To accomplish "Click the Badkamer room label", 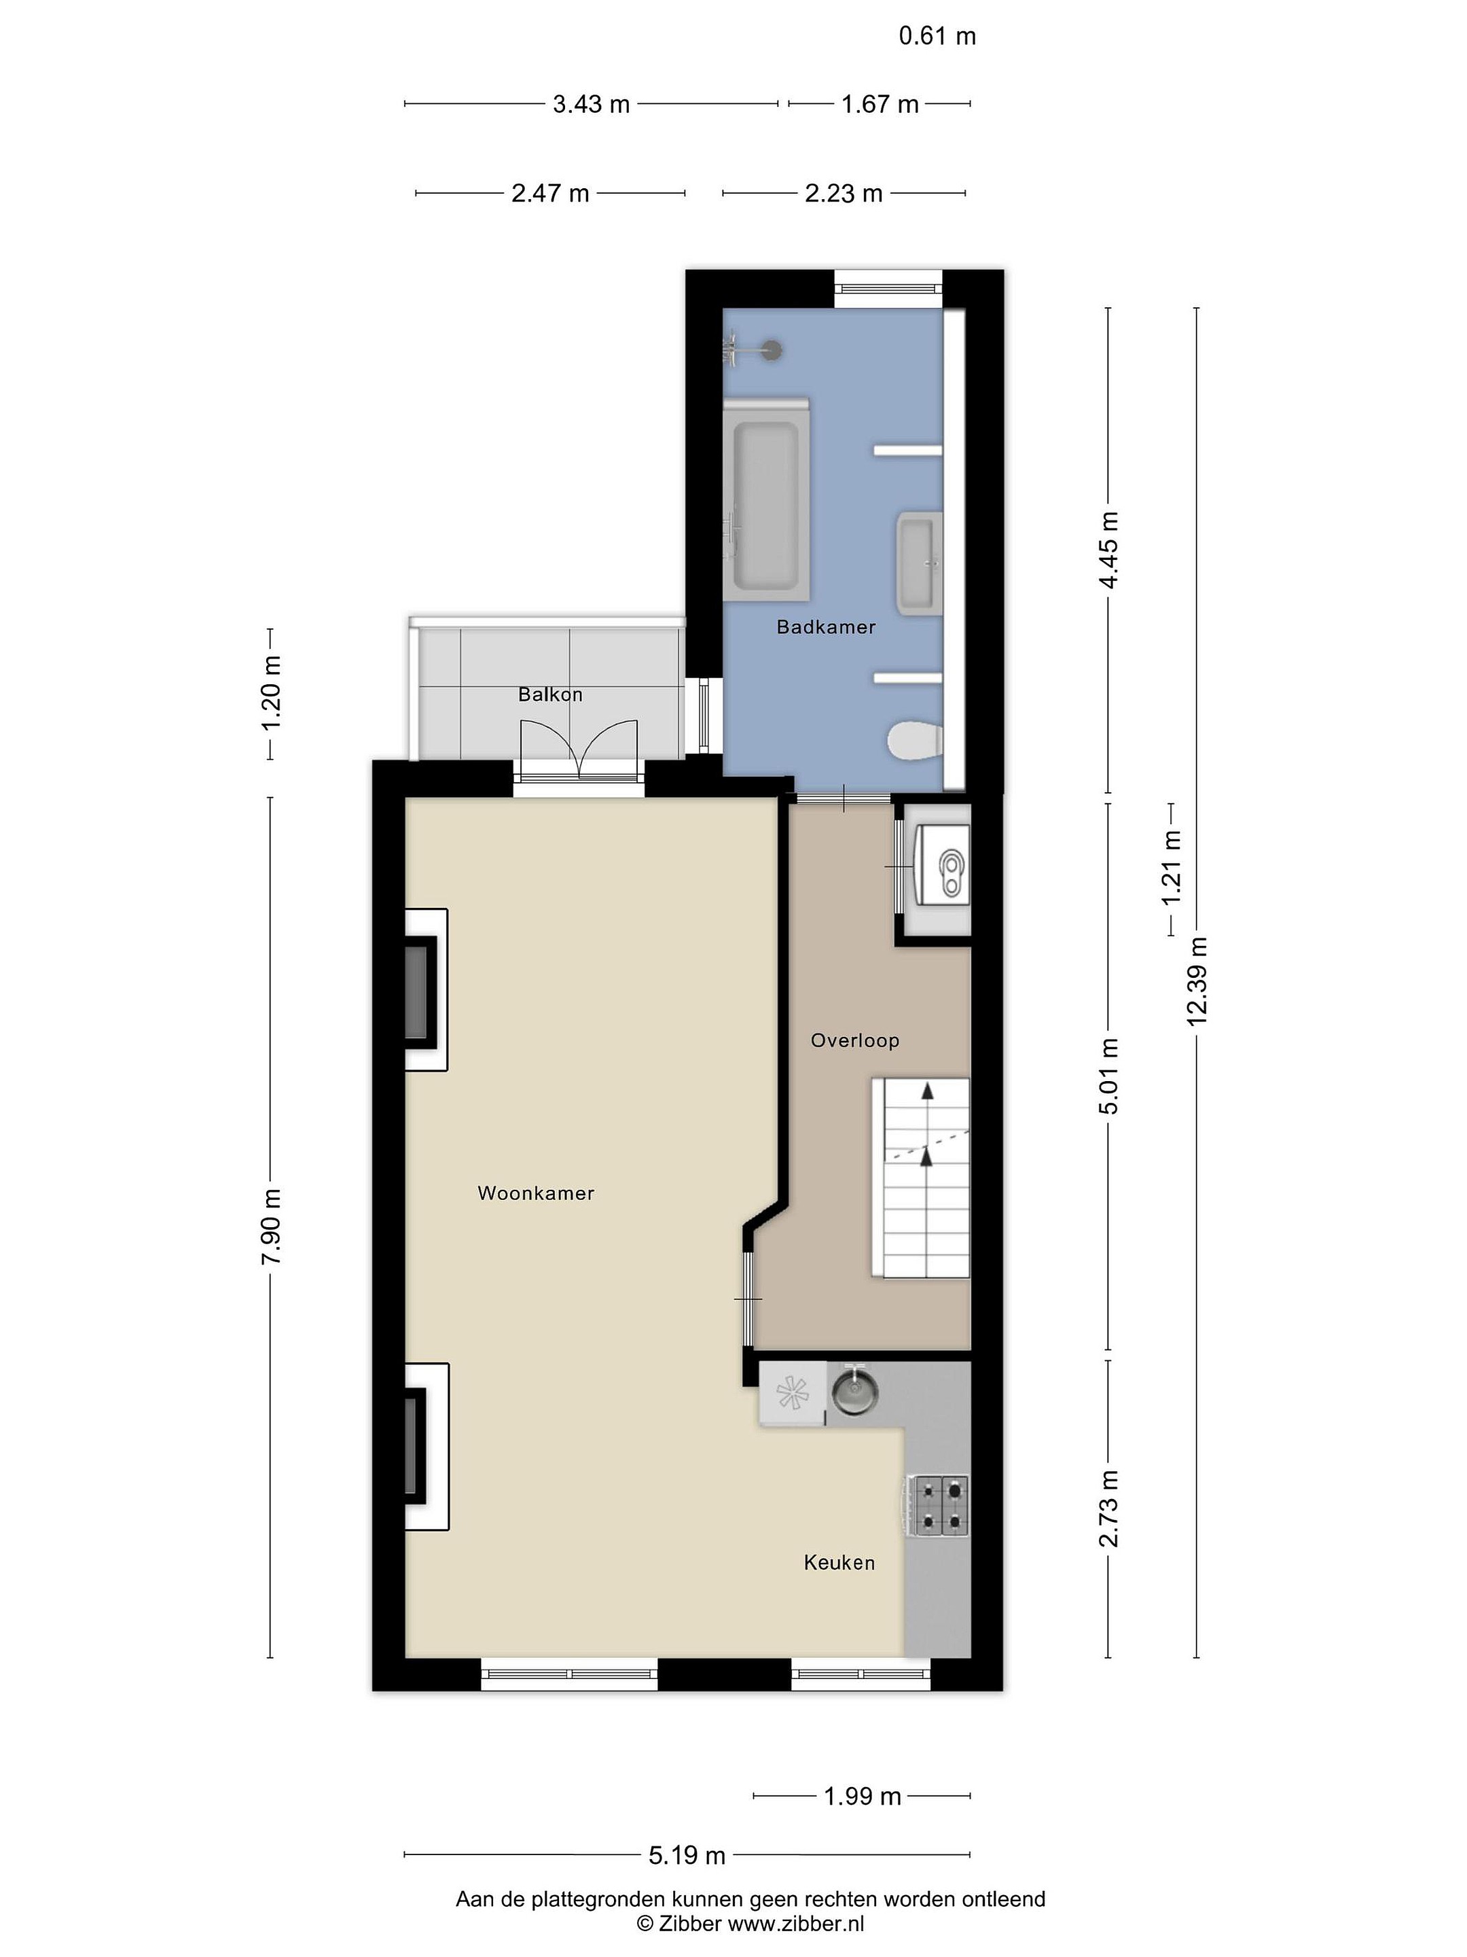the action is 825,627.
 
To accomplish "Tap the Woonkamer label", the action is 535,1193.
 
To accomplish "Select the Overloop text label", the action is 854,1040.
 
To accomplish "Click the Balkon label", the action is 550,694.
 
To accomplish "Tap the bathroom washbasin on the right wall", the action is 920,563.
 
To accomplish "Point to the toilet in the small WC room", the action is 947,870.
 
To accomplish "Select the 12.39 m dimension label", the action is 1197,981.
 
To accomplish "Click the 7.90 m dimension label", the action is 270,1227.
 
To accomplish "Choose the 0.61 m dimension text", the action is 937,36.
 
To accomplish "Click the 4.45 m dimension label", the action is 1108,550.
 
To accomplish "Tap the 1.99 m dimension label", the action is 862,1796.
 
